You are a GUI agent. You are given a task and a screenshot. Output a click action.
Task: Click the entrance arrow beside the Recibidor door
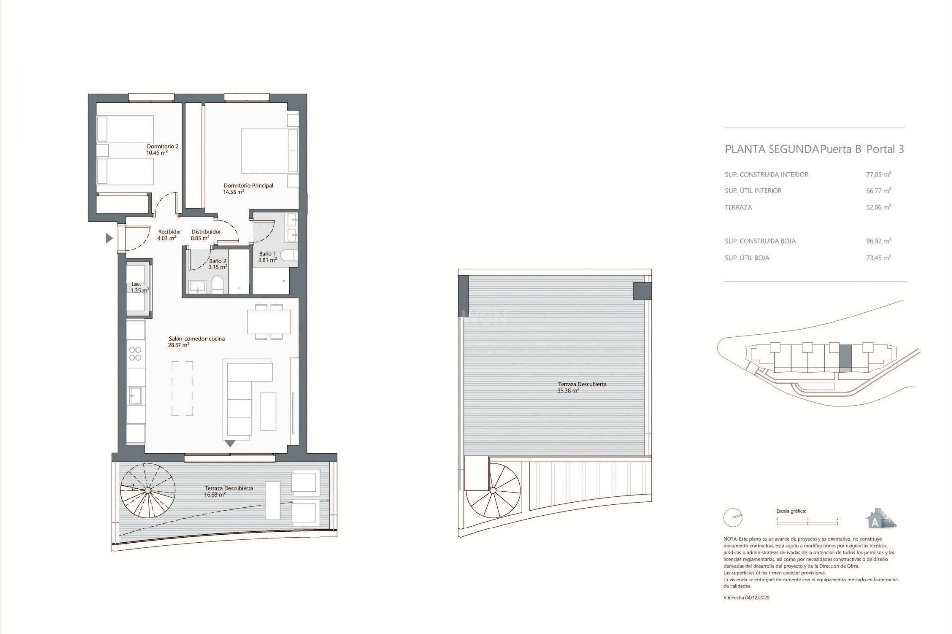109,239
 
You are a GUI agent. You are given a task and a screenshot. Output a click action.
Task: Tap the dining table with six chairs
269,322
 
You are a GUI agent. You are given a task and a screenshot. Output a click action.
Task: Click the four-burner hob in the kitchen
135,354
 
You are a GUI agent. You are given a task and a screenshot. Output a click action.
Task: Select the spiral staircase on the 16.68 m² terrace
147,490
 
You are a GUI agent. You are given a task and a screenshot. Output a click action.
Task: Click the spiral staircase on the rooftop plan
493,491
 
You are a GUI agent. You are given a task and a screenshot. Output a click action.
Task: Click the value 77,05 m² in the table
878,174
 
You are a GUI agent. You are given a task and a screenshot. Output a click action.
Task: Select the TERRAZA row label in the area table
738,207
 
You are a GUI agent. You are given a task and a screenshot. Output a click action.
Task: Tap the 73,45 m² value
878,258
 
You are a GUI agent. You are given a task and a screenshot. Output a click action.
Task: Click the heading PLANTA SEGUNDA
772,149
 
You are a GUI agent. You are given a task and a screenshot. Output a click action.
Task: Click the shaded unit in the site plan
845,358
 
